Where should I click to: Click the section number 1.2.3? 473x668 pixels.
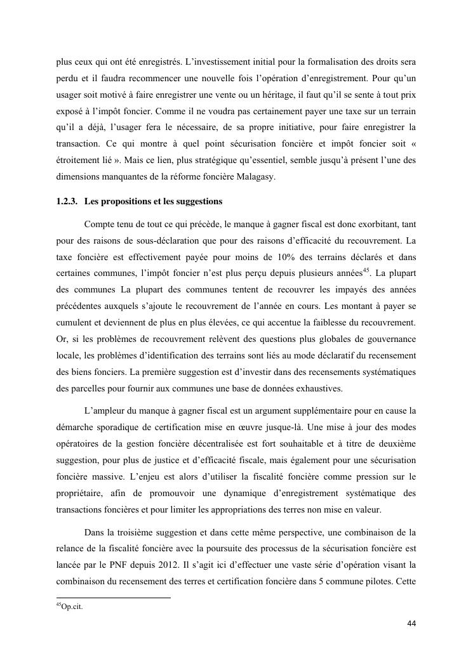[x=67, y=202]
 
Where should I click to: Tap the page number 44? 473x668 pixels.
[x=411, y=623]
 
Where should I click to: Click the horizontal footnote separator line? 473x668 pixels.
[x=114, y=598]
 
